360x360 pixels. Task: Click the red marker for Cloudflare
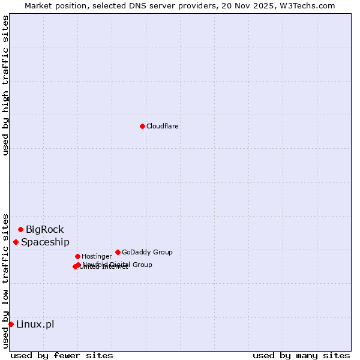142,126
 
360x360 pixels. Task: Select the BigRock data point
20,229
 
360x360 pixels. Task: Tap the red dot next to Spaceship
16,242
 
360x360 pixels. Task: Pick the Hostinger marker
77,256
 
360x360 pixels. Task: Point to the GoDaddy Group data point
118,252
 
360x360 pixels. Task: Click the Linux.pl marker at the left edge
11,324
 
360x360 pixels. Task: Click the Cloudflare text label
162,126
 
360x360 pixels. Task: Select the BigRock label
44,229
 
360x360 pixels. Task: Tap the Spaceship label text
45,242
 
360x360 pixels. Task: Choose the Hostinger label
97,256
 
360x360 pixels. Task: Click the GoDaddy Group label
147,252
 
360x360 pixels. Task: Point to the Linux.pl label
35,324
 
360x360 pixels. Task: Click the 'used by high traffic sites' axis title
5,85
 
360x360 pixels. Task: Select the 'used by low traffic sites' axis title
5,280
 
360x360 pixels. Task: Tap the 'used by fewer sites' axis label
62,355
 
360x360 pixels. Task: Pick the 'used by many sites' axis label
301,355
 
